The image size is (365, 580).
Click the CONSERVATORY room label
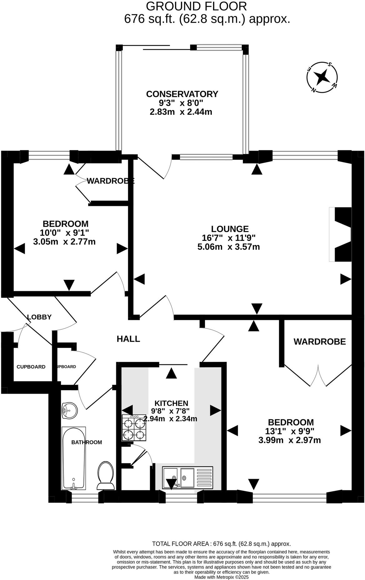click(182, 94)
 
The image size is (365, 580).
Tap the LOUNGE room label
click(230, 229)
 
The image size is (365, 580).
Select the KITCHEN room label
click(172, 403)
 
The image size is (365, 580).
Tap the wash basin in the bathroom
click(69, 410)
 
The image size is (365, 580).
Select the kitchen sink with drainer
click(187, 477)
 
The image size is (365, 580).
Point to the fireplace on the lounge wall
click(341, 234)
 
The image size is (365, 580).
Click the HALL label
click(128, 339)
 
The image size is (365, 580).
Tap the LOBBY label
click(39, 317)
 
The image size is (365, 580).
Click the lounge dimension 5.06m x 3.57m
click(228, 247)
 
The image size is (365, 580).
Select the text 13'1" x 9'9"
click(289, 431)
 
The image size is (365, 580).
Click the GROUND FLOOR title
click(196, 6)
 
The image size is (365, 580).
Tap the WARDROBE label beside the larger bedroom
click(319, 342)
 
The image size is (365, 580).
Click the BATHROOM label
click(87, 442)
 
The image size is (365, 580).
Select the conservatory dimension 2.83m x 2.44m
click(181, 112)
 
